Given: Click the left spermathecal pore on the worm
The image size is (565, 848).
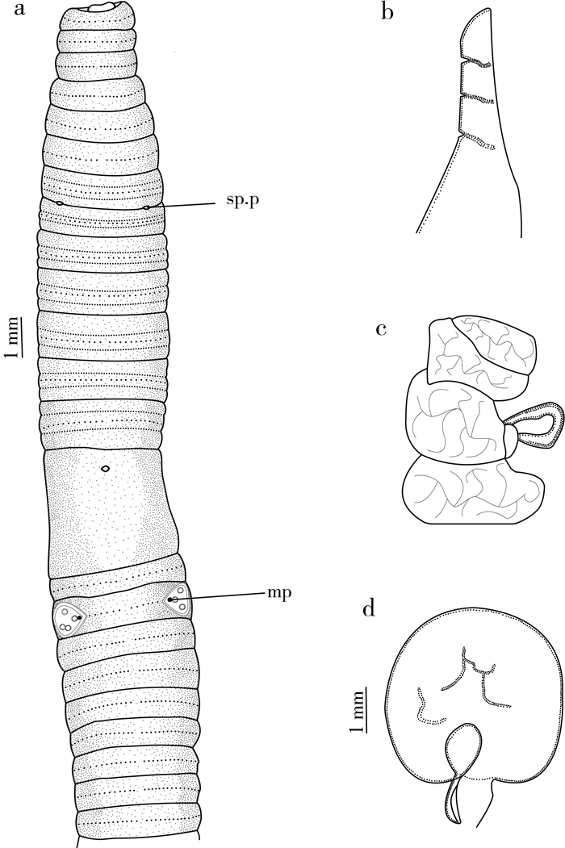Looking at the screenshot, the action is point(59,202).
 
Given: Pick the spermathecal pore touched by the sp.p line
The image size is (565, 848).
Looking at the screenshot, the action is point(146,207).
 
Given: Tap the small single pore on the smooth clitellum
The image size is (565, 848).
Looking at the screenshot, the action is point(105,468).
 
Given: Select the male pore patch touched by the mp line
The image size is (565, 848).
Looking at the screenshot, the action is point(177,601).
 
